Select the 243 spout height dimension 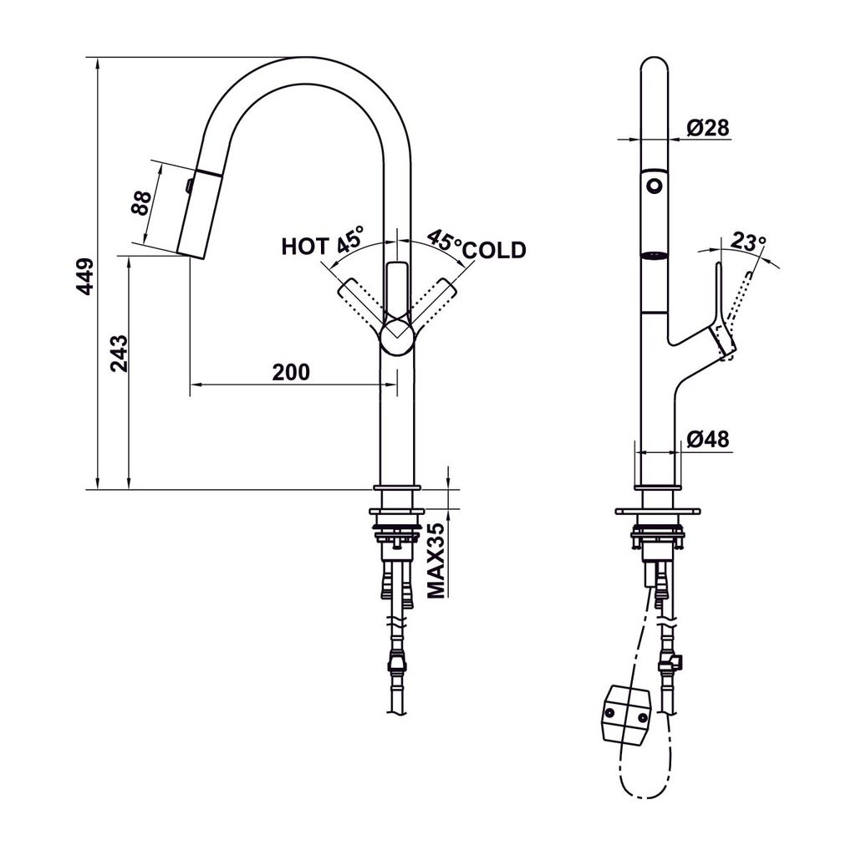coord(118,353)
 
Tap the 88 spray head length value coord(141,203)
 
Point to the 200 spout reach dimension coord(291,371)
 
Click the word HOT coord(305,247)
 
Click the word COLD coord(494,249)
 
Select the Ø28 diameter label coord(708,127)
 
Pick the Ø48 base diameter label coord(708,439)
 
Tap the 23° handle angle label coord(747,242)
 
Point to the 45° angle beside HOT coord(351,239)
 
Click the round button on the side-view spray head coord(654,185)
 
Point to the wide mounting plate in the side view coord(657,511)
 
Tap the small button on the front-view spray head coord(190,183)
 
